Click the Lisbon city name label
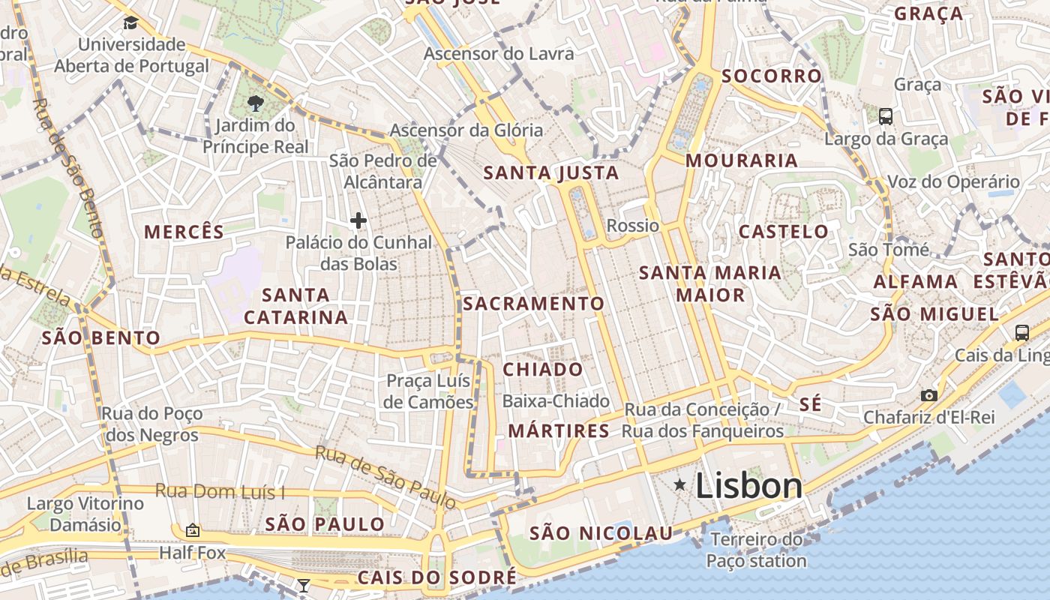point(748,486)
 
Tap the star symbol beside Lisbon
point(679,485)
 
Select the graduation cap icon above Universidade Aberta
point(130,22)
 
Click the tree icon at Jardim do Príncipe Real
point(255,103)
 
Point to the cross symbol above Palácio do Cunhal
point(358,220)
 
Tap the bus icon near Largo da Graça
point(886,116)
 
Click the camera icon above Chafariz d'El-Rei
point(928,395)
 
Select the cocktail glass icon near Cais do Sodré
point(303,585)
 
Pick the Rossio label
point(632,226)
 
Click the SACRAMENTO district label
point(533,304)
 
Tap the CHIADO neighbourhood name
point(542,369)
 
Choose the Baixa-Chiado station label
point(556,401)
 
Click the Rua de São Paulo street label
point(385,475)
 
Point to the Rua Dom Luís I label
point(220,492)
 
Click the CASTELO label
point(783,232)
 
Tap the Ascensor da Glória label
point(466,130)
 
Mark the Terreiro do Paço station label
point(756,550)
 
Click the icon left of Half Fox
point(193,530)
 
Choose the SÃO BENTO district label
point(101,337)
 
